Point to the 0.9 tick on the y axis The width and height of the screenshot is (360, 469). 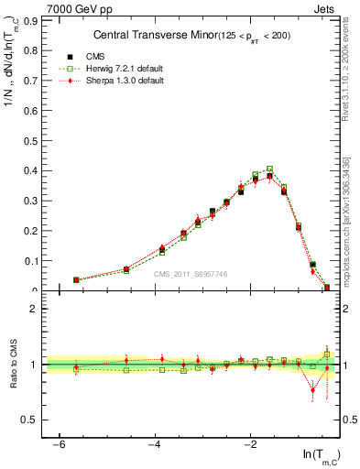(x=34, y=19)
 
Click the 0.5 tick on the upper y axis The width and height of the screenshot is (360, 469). (x=34, y=140)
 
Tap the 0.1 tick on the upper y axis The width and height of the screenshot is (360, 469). (x=34, y=261)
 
